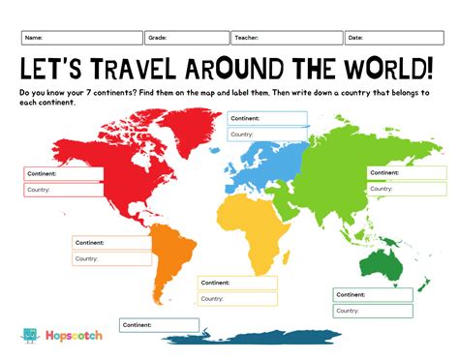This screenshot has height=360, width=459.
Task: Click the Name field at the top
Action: (81, 38)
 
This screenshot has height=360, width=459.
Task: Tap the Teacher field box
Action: (286, 38)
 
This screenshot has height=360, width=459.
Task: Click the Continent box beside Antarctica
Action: (160, 325)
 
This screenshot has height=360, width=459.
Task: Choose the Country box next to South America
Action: (111, 258)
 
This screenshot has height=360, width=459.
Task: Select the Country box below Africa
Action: (237, 298)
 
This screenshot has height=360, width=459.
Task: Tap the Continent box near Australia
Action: (374, 294)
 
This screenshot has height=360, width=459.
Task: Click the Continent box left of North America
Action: (64, 174)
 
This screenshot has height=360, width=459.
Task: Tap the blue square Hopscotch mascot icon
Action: (30, 336)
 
